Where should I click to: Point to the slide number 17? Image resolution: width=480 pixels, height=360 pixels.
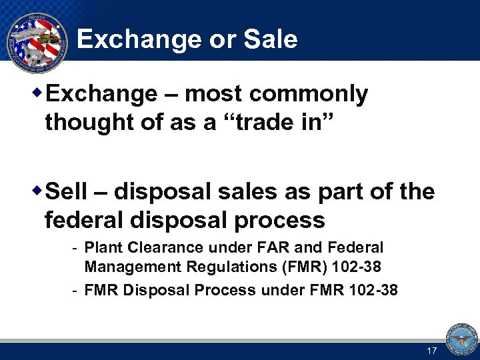(431, 351)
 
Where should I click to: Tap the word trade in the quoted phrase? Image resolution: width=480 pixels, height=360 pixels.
(257, 123)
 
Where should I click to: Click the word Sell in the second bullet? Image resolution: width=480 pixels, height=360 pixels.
(67, 192)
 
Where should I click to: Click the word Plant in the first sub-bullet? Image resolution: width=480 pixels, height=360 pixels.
(101, 248)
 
